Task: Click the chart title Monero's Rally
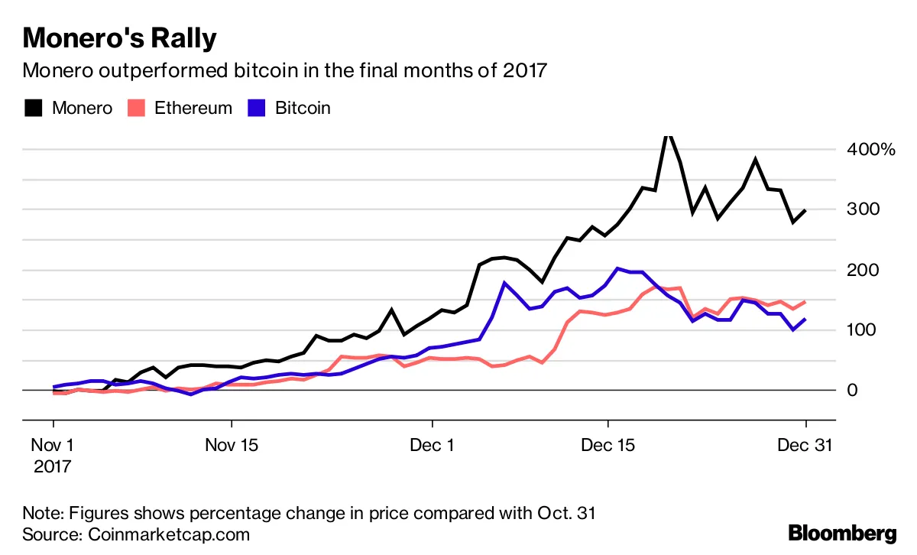coord(120,38)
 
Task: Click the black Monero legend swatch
coord(33,108)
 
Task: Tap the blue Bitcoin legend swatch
coord(257,108)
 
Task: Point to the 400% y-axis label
coord(870,149)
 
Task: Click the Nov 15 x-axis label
coord(232,445)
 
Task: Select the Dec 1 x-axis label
coord(433,445)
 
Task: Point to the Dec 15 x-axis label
coord(608,445)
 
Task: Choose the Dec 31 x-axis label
coord(805,445)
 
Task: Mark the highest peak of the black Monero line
coord(668,137)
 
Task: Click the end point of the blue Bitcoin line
coord(805,319)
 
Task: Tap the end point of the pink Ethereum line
coord(805,302)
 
